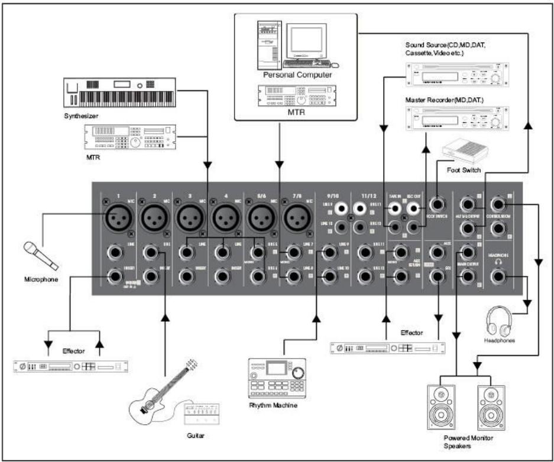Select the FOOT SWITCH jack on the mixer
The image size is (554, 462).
coord(438,206)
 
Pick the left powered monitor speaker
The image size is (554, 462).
coord(443,407)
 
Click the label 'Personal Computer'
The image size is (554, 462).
coord(297,75)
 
